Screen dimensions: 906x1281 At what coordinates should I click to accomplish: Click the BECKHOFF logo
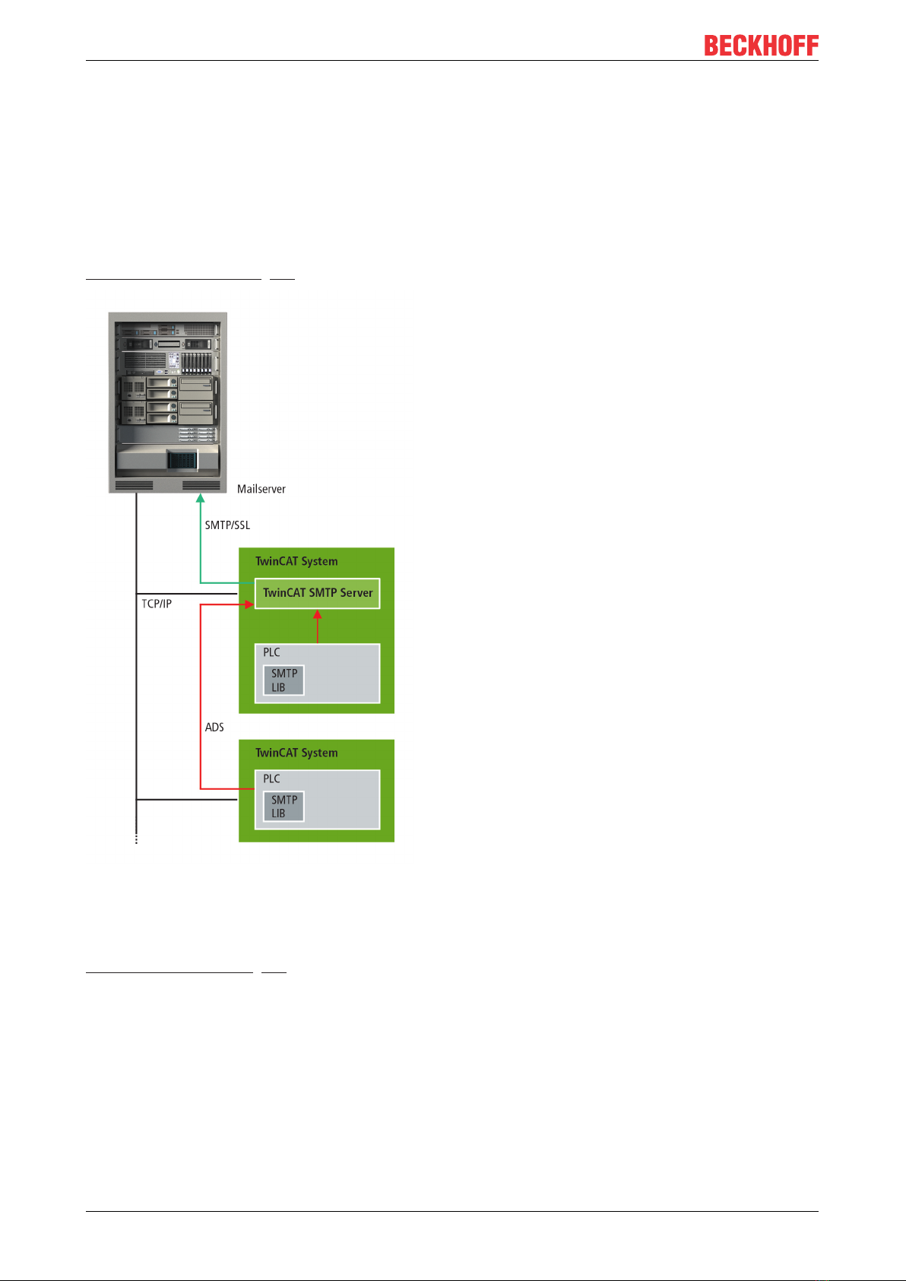click(761, 46)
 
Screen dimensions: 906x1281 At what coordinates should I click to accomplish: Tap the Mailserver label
click(261, 489)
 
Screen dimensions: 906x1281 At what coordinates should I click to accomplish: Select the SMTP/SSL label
click(227, 525)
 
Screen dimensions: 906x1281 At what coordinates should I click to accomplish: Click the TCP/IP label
click(157, 604)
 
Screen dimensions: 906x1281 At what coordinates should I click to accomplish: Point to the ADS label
click(214, 728)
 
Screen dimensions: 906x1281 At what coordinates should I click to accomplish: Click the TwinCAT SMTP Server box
click(317, 593)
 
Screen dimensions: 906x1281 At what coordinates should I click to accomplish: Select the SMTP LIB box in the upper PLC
click(284, 680)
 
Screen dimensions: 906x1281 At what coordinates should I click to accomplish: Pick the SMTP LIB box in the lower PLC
click(284, 807)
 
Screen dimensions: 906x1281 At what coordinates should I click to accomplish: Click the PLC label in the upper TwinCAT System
click(271, 652)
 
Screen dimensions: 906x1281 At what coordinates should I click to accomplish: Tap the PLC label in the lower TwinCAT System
click(271, 778)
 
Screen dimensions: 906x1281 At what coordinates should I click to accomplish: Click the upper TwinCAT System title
click(296, 562)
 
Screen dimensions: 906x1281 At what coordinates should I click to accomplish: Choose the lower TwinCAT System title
click(296, 753)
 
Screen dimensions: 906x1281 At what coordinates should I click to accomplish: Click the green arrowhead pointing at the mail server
click(201, 499)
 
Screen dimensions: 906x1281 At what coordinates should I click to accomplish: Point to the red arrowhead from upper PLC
click(318, 614)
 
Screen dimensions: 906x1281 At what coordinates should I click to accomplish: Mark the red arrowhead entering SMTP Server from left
click(249, 604)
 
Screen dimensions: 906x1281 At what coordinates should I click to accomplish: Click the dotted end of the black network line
click(136, 839)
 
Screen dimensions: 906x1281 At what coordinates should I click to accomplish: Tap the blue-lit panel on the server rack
click(182, 461)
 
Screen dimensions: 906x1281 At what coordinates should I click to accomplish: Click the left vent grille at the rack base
click(134, 485)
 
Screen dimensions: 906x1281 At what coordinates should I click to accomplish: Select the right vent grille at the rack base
click(201, 485)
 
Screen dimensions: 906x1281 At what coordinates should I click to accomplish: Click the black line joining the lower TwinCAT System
click(187, 800)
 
